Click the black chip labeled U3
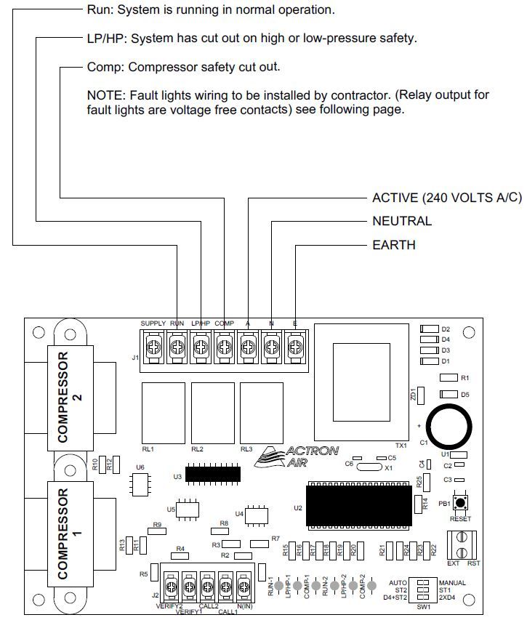click(x=213, y=474)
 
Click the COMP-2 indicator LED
click(x=371, y=585)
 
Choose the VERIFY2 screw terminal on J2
click(x=172, y=585)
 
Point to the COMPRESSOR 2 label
click(x=70, y=398)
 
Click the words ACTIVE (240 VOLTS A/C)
click(x=446, y=198)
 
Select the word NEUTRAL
click(x=401, y=221)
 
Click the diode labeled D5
click(x=448, y=395)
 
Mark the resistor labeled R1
click(x=448, y=378)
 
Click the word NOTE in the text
click(x=107, y=95)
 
